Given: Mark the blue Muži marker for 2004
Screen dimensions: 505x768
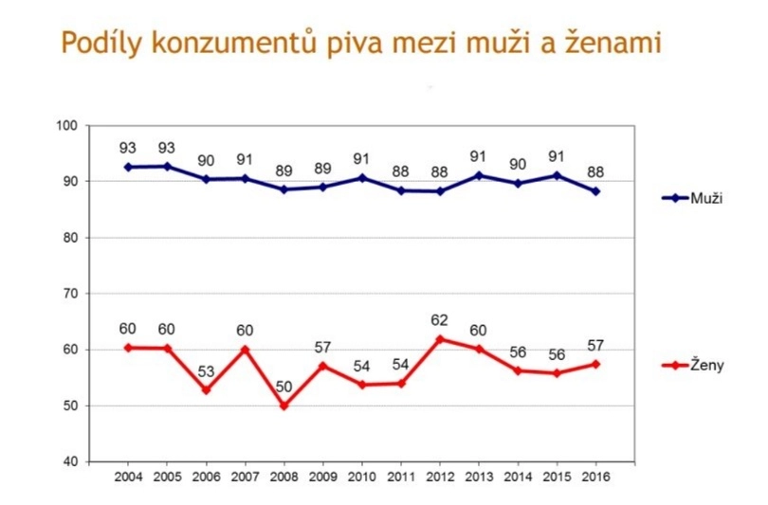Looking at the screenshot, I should click(x=128, y=167).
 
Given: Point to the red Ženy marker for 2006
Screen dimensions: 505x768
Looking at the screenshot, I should click(x=206, y=389).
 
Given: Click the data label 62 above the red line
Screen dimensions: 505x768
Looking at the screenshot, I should click(x=440, y=320).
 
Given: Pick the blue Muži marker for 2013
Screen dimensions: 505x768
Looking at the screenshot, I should click(x=479, y=175).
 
